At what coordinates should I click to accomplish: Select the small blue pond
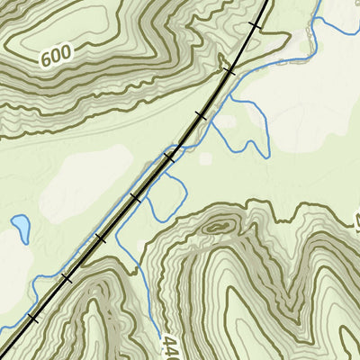pos(20,226)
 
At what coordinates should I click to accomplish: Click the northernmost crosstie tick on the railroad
pos(256,26)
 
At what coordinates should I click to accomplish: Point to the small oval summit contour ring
pos(216,227)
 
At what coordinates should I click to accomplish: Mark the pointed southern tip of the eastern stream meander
pos(267,155)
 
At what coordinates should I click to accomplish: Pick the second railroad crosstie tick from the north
pos(229,69)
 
